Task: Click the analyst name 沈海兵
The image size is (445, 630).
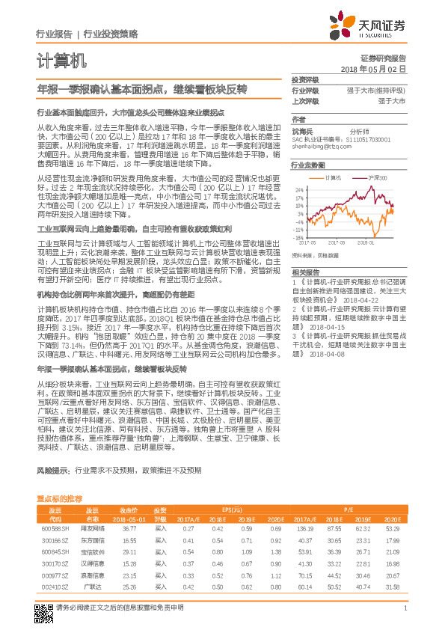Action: click(302, 130)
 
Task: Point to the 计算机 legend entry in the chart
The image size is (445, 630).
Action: click(334, 178)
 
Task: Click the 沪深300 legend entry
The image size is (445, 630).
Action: click(377, 178)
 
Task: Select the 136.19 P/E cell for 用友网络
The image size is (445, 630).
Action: click(304, 528)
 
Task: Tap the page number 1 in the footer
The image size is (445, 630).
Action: click(405, 616)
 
